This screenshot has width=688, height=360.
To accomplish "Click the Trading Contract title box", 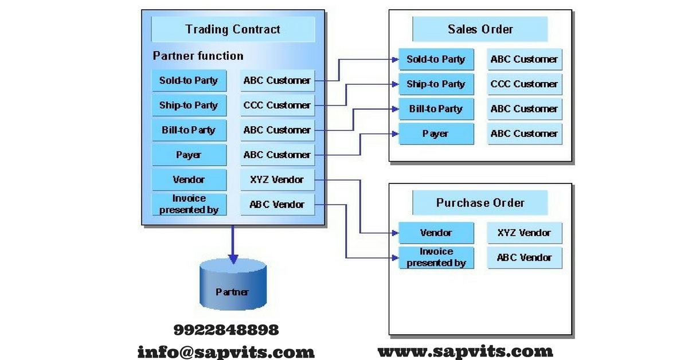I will (233, 29).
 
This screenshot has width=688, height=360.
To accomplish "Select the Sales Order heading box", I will (480, 29).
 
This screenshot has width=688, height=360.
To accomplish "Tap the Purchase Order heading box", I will (480, 203).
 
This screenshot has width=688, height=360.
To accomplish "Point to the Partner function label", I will (198, 56).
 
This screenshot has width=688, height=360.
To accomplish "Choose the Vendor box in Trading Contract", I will (189, 180).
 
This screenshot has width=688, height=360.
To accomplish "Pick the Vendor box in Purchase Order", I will (436, 233).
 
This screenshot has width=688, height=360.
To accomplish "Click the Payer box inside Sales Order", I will (436, 134).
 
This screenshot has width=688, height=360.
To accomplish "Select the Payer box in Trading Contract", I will (189, 155).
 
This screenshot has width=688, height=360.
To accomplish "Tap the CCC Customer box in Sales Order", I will (524, 84).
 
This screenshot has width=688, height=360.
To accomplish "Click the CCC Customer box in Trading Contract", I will (277, 105).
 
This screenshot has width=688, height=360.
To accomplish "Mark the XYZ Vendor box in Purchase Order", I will (524, 233).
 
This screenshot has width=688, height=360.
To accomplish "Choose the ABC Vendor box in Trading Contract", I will (277, 205).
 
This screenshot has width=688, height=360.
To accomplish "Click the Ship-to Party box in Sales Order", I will (436, 84).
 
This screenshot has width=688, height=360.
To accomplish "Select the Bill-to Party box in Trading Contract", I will (189, 130).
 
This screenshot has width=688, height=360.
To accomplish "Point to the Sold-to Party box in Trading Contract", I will (189, 81).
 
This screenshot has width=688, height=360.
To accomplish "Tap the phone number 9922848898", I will (226, 330).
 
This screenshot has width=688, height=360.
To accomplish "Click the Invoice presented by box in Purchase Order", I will (436, 258).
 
